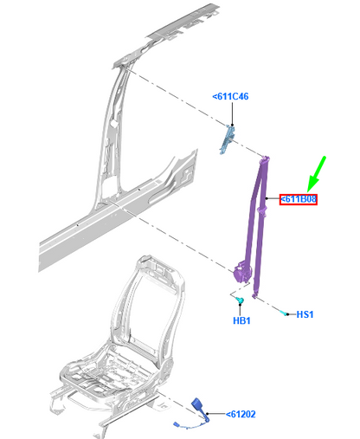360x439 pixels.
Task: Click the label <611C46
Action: click(x=230, y=97)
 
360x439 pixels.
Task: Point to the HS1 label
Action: click(x=305, y=314)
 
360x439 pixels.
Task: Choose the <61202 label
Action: click(x=243, y=416)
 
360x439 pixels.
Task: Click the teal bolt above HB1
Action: click(x=234, y=300)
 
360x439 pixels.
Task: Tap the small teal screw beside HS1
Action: click(x=284, y=313)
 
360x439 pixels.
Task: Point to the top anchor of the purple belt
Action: click(x=266, y=159)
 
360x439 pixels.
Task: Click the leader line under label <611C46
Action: click(x=230, y=114)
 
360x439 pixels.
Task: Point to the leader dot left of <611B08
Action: click(x=278, y=199)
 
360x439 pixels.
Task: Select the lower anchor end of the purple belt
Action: click(x=255, y=295)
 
